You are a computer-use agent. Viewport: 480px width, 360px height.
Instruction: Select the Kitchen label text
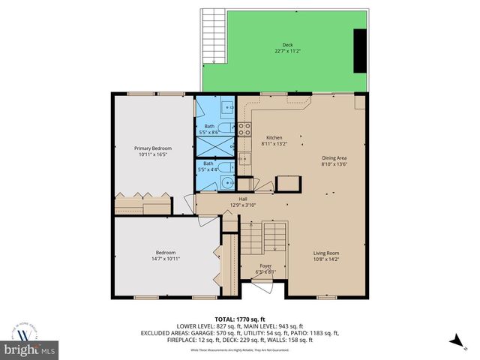click(x=274, y=138)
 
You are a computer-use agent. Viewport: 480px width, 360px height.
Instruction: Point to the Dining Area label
click(x=334, y=157)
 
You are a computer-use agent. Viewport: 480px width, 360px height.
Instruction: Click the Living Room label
click(x=326, y=253)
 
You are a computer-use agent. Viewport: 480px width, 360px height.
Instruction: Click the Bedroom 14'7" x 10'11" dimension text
click(x=165, y=258)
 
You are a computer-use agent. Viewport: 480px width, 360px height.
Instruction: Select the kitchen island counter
click(x=288, y=183)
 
